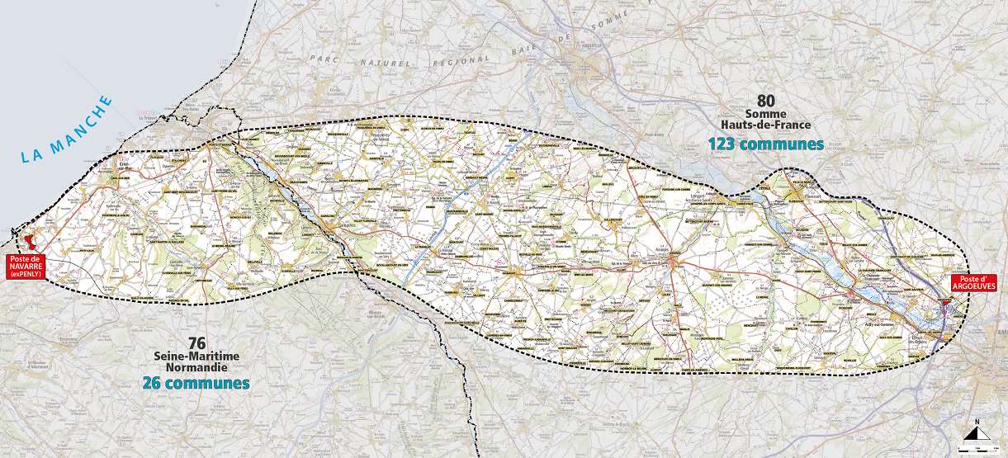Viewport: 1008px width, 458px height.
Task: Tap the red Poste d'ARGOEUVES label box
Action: coord(973,281)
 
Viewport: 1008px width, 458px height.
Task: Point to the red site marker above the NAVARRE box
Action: coord(31,242)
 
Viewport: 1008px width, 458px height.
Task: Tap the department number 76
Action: coord(196,342)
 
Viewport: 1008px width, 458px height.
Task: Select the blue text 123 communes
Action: coord(765,144)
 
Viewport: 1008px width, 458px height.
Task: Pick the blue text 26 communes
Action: coord(196,383)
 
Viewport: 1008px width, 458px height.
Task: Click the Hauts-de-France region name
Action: coord(765,125)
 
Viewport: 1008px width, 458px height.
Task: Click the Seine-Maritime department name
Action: coord(196,355)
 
